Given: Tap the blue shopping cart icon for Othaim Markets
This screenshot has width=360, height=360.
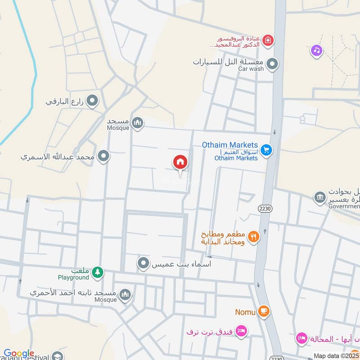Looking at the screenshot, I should point(266,150).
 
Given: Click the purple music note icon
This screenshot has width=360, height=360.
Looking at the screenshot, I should point(317,50).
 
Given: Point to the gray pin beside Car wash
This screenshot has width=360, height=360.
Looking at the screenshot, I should point(272,65).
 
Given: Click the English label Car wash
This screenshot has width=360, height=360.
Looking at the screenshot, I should point(251,69).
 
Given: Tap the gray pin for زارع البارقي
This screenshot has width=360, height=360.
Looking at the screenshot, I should point(93,101).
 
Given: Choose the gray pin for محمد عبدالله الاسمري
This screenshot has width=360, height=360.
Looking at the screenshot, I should point(104,157).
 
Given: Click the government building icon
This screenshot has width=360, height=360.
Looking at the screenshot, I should point(320,198).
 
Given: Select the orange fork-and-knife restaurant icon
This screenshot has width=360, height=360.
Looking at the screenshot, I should point(254,236).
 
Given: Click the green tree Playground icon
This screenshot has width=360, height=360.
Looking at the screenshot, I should point(98,272).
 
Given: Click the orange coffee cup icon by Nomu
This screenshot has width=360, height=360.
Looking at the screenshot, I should point(264,311).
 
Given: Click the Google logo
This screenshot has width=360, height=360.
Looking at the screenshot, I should point(18,354).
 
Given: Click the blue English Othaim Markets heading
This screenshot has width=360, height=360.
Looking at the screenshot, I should point(230,145).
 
